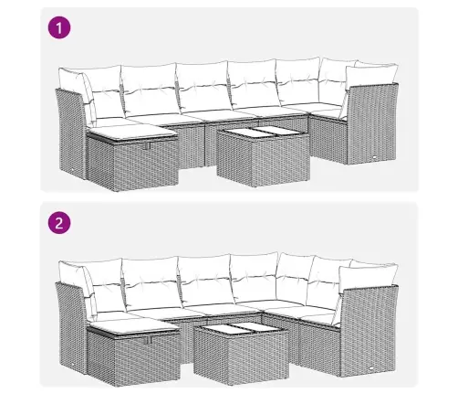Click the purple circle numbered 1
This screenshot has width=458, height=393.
tap(59, 27)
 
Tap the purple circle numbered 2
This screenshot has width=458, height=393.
tap(59, 223)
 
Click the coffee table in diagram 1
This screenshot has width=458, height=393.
tap(264, 156)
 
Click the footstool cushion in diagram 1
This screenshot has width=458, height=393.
tap(131, 133)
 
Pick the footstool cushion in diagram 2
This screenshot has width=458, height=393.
tap(132, 329)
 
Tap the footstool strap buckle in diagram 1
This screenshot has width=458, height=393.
tap(148, 145)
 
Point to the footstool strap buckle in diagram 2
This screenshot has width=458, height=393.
tap(149, 340)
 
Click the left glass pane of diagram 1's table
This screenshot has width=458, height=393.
tap(239, 133)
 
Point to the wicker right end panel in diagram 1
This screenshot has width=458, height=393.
tap(372, 123)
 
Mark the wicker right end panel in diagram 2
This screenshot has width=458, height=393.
tap(370, 331)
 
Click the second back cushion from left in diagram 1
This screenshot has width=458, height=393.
tap(149, 90)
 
